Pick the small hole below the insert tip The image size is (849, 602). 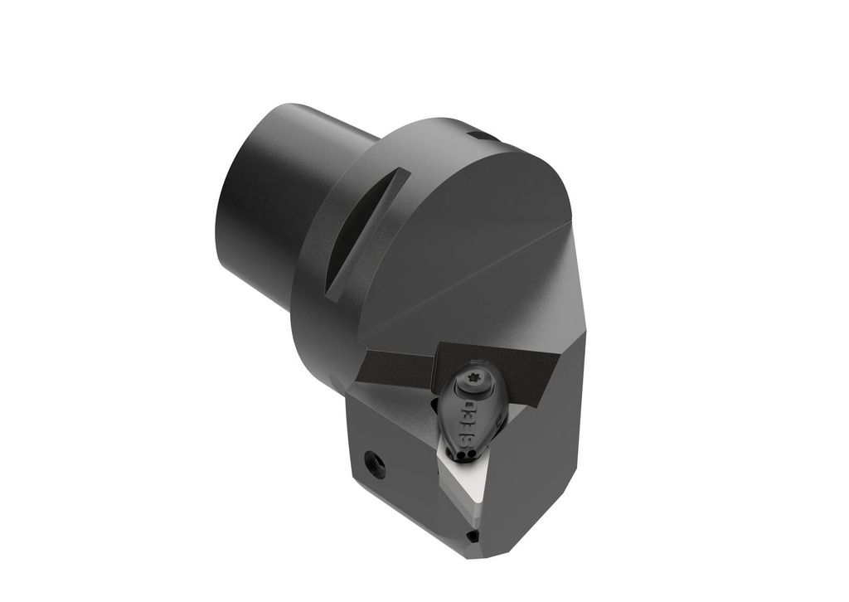[x=473, y=536]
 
